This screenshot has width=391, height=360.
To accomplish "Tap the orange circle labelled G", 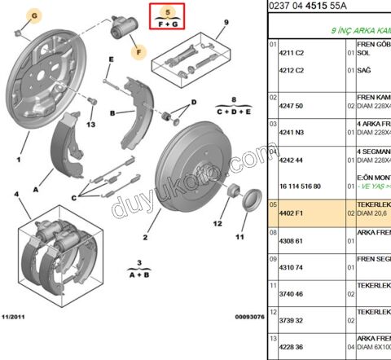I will click(33, 15).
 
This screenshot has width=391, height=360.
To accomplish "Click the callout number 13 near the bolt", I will click(90, 124).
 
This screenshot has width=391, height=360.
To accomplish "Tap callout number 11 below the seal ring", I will click(239, 237).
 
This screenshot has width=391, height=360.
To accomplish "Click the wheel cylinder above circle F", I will click(125, 32).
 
